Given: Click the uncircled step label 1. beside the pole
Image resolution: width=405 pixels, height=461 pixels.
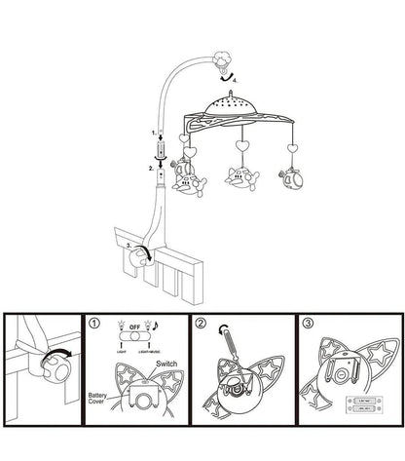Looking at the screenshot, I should point(153,131).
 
